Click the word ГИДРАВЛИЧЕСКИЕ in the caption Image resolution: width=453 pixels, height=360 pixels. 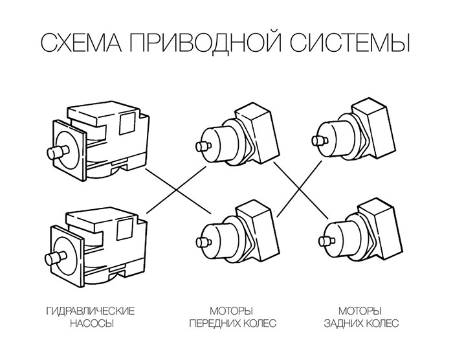coord(91,311)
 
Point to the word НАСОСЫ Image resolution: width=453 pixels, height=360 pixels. coord(91,323)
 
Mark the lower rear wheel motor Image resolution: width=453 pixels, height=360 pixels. coord(356,233)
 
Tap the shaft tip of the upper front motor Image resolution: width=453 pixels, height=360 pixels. coord(203,146)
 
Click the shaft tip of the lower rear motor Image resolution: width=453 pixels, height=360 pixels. coord(322,242)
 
